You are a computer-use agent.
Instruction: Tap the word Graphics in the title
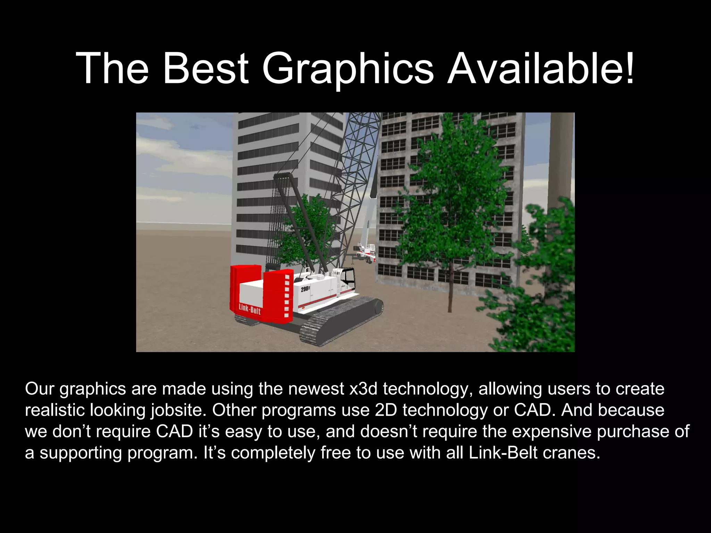(x=348, y=69)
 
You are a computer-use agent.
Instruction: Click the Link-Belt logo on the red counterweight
(x=249, y=308)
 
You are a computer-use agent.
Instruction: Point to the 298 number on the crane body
(x=305, y=289)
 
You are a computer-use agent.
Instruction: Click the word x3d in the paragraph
(x=363, y=389)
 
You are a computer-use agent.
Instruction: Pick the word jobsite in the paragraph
(x=177, y=411)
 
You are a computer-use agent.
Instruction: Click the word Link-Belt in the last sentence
(x=503, y=453)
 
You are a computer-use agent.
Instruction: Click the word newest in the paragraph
(x=316, y=389)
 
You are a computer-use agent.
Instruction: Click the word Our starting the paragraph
(x=40, y=389)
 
